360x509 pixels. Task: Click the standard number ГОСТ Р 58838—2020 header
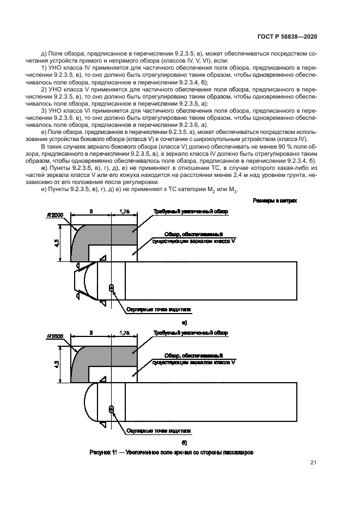pos(286,36)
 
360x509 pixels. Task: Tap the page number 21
pos(313,463)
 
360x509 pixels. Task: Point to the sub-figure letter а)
pos(177,322)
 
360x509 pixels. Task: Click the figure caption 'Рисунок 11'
pos(172,452)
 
